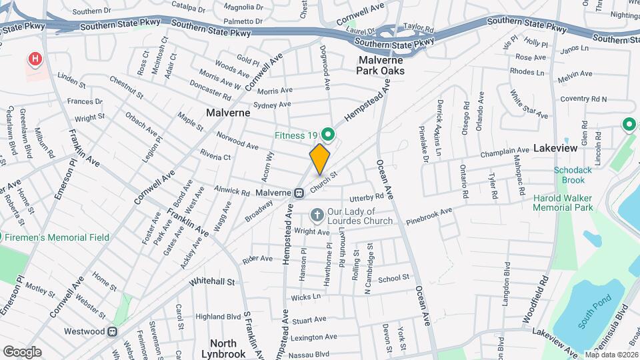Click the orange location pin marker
pos(319,159)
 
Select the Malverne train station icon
pos(300,193)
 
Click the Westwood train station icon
pos(113,331)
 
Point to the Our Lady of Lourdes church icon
pos(317,216)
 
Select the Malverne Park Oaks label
pos(380,65)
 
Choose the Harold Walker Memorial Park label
pos(563,203)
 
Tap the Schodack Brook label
pos(573,175)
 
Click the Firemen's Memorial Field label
pos(59,237)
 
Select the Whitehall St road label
pos(212,282)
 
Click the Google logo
pos(22,352)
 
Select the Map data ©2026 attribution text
pos(611,355)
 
